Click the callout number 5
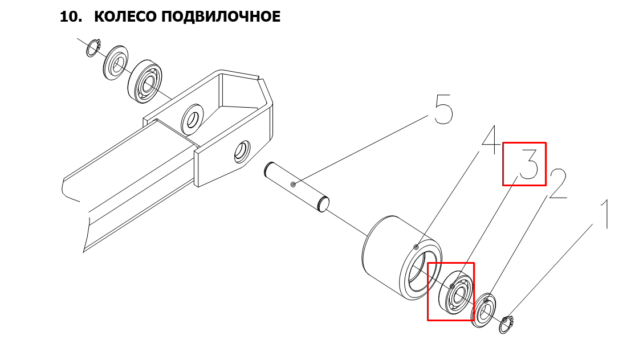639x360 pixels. click(x=443, y=109)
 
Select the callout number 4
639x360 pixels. click(x=491, y=140)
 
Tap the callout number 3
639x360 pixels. click(x=529, y=163)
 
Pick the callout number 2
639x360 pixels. click(x=557, y=184)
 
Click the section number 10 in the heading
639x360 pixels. click(x=71, y=17)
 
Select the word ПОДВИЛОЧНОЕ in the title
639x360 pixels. click(x=221, y=17)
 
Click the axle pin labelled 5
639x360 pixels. click(x=296, y=187)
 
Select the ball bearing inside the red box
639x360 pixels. click(x=455, y=292)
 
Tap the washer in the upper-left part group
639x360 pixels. click(x=115, y=63)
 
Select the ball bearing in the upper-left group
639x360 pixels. click(x=145, y=81)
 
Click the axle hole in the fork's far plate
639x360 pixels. click(x=192, y=119)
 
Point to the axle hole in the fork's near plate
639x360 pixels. click(x=242, y=152)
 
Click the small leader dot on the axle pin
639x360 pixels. click(x=293, y=185)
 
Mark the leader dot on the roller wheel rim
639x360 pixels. click(x=416, y=247)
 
